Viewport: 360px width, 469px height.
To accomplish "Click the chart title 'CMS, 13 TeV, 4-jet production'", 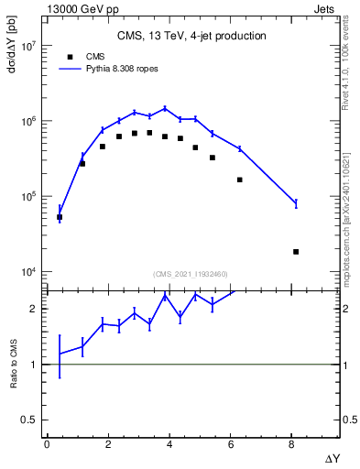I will [191, 37].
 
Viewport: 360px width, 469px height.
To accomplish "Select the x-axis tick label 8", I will [292, 444].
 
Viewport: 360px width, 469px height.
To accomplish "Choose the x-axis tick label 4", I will [169, 444].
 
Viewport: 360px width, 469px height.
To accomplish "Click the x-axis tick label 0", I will [47, 444].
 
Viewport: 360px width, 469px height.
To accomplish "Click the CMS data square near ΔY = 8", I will [296, 251].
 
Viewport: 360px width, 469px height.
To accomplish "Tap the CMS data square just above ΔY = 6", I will [240, 180].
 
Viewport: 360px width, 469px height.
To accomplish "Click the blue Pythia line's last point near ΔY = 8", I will [296, 203].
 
